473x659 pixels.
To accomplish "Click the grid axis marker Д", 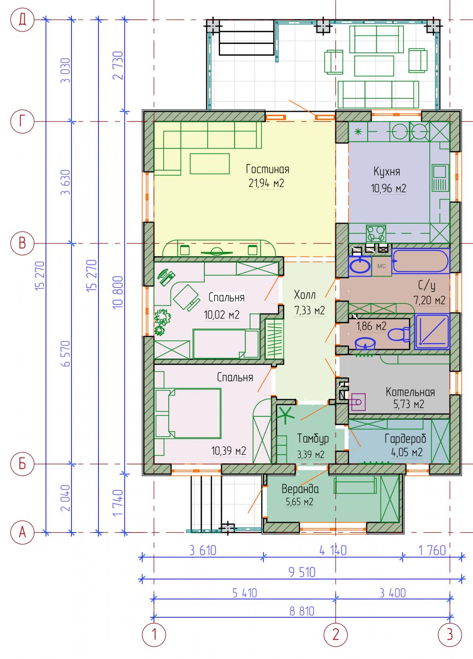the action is [x=22, y=20].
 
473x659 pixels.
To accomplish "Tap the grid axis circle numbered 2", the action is [x=335, y=634].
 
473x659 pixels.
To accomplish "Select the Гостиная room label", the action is [x=268, y=169].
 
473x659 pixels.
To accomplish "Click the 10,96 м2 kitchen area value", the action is [x=388, y=188].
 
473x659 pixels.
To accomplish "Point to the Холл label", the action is [x=305, y=295].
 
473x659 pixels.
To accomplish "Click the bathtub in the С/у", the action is [x=420, y=260].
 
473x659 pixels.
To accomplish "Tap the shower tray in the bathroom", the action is [x=432, y=331].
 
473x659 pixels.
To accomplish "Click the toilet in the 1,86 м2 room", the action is [x=399, y=335].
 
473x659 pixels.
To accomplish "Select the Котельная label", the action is [x=410, y=392].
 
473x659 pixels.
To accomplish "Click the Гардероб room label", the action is [x=405, y=439].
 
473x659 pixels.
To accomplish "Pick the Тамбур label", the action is [x=313, y=439].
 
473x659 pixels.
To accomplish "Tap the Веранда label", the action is [x=300, y=489].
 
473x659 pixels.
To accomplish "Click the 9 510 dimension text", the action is [x=302, y=572].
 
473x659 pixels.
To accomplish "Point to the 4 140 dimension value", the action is [x=333, y=550].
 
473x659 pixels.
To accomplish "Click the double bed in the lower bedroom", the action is [x=188, y=413].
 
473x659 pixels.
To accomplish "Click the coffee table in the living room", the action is [x=210, y=164].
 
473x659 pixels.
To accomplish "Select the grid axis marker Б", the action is [x=22, y=464].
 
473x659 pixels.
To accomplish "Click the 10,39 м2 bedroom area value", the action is [x=229, y=451].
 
